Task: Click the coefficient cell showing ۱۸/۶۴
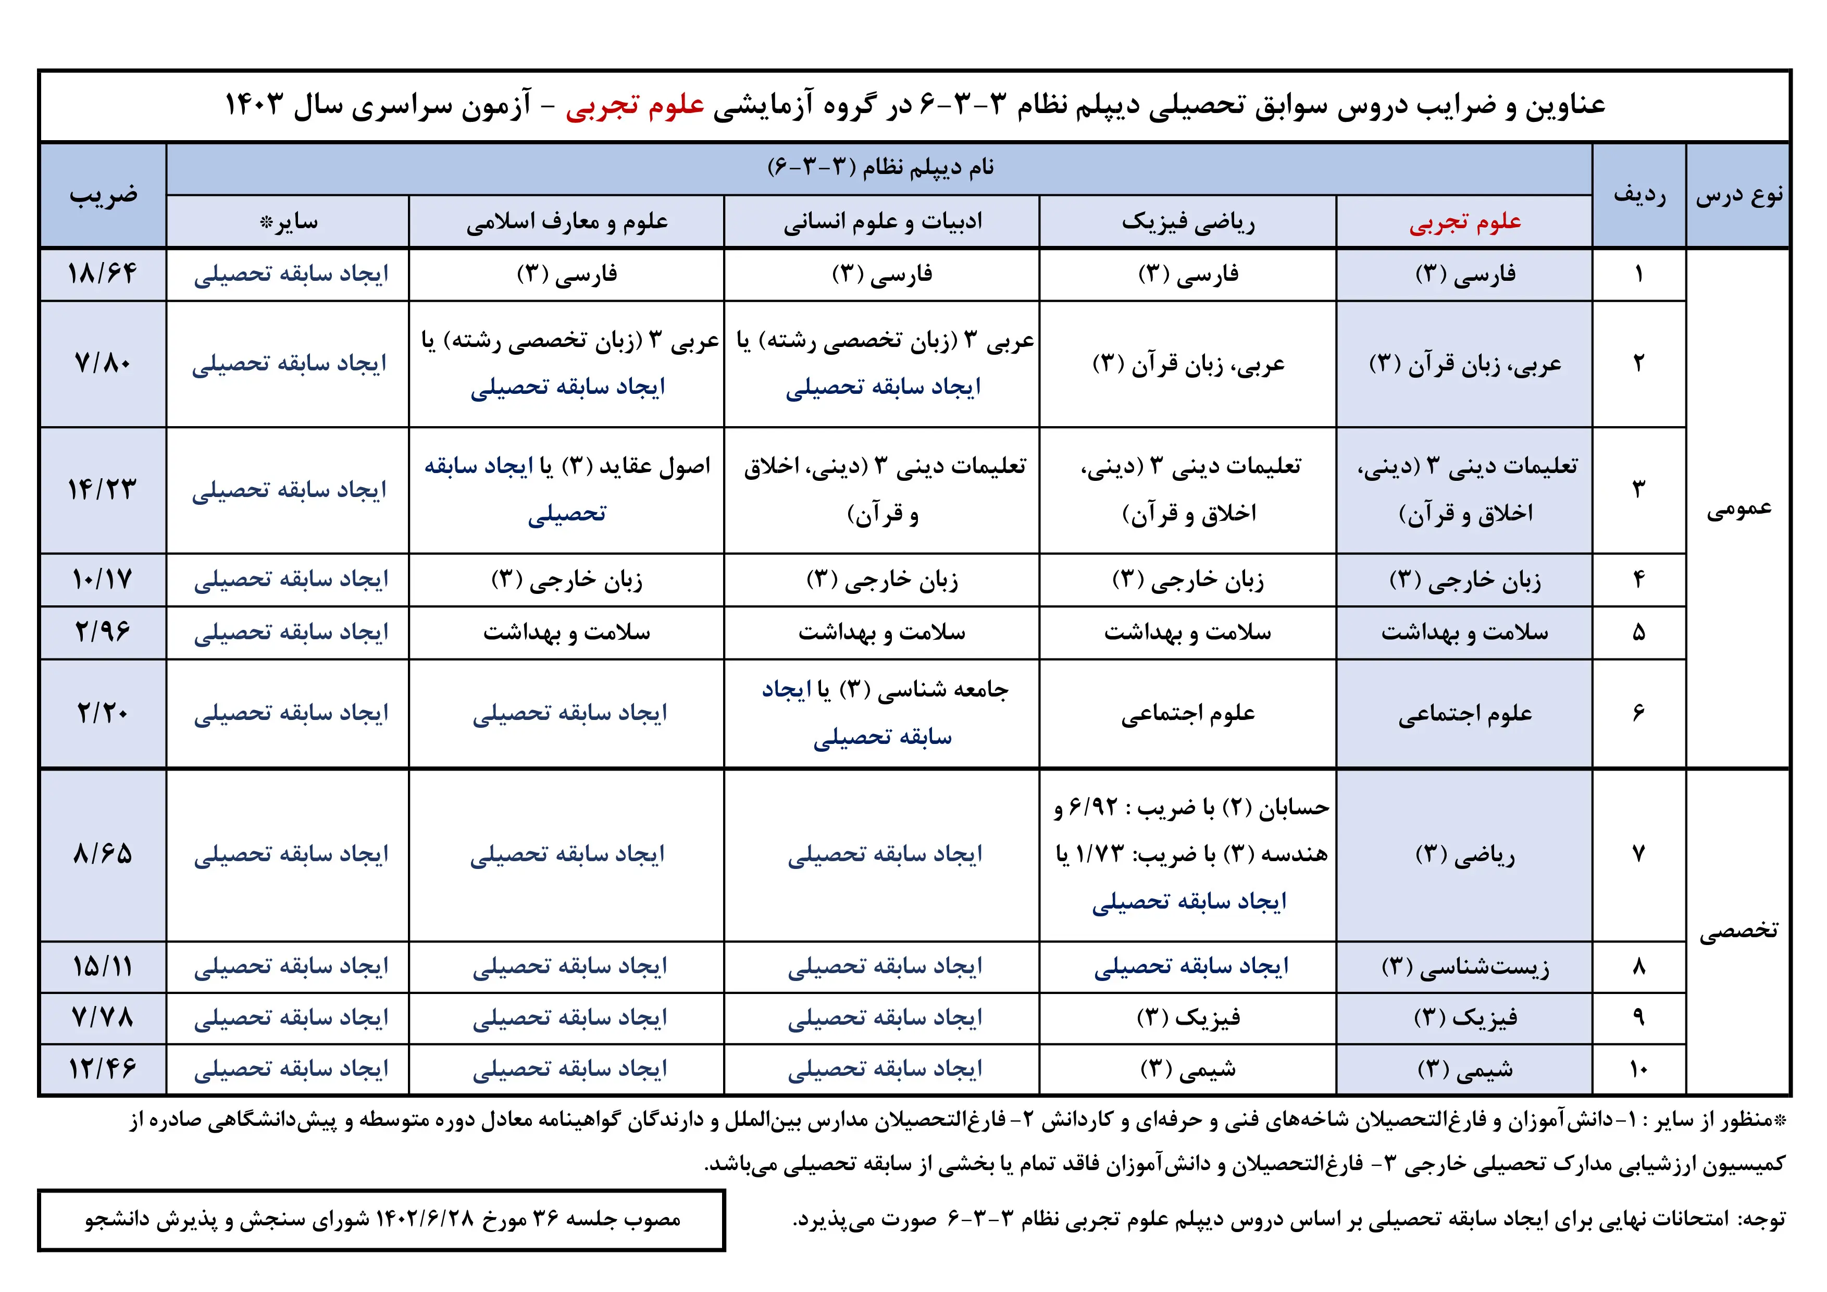pyautogui.click(x=103, y=274)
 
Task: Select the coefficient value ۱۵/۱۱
pyautogui.click(x=103, y=966)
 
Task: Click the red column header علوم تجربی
pyautogui.click(x=1465, y=222)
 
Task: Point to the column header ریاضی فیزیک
pyautogui.click(x=1188, y=222)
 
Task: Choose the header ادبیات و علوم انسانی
pyautogui.click(x=883, y=222)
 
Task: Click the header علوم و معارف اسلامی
pyautogui.click(x=567, y=222)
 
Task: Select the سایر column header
pyautogui.click(x=288, y=222)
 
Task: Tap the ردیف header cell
pyautogui.click(x=1639, y=195)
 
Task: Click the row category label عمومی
pyautogui.click(x=1738, y=508)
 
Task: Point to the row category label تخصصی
pyautogui.click(x=1738, y=931)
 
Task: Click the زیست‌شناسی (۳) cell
pyautogui.click(x=1465, y=966)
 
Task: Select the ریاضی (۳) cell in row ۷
pyautogui.click(x=1465, y=854)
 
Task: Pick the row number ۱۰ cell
pyautogui.click(x=1639, y=1069)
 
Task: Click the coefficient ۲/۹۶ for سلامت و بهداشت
pyautogui.click(x=103, y=632)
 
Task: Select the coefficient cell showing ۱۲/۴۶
pyautogui.click(x=103, y=1069)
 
